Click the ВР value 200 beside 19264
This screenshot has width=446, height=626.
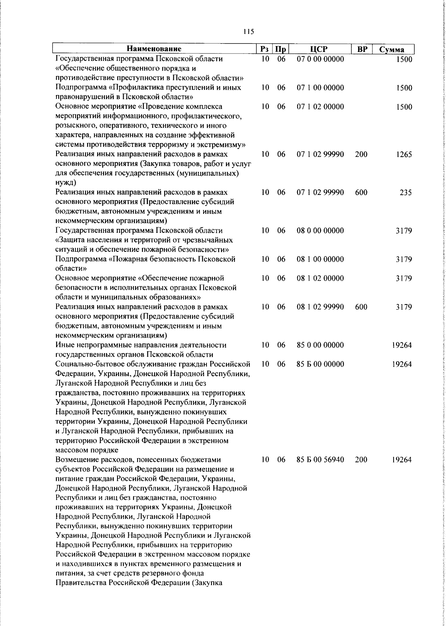[x=361, y=460]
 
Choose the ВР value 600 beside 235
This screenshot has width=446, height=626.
[x=361, y=193]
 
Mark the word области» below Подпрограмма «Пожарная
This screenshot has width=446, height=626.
[x=71, y=269]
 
